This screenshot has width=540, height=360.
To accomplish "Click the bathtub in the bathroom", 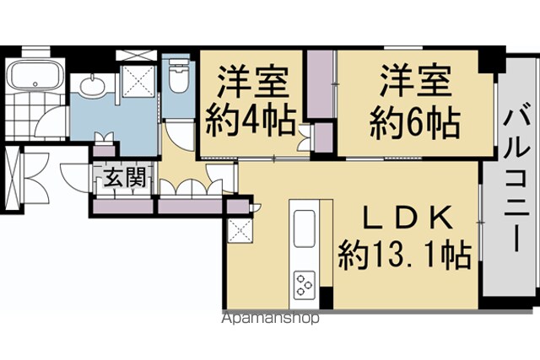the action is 35,75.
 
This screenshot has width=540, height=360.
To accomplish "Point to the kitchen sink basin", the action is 305,228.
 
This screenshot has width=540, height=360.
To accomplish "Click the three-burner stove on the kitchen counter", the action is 305,285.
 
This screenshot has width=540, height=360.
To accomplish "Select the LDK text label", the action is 408,218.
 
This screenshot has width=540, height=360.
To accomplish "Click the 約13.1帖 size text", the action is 405,255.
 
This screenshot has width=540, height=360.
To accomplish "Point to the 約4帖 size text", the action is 251,122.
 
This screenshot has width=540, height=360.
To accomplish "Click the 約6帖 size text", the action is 415,124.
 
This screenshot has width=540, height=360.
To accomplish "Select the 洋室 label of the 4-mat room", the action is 253,83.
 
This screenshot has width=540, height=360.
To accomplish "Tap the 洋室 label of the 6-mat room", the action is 416,80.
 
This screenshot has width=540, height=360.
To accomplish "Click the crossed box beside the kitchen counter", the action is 240,230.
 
